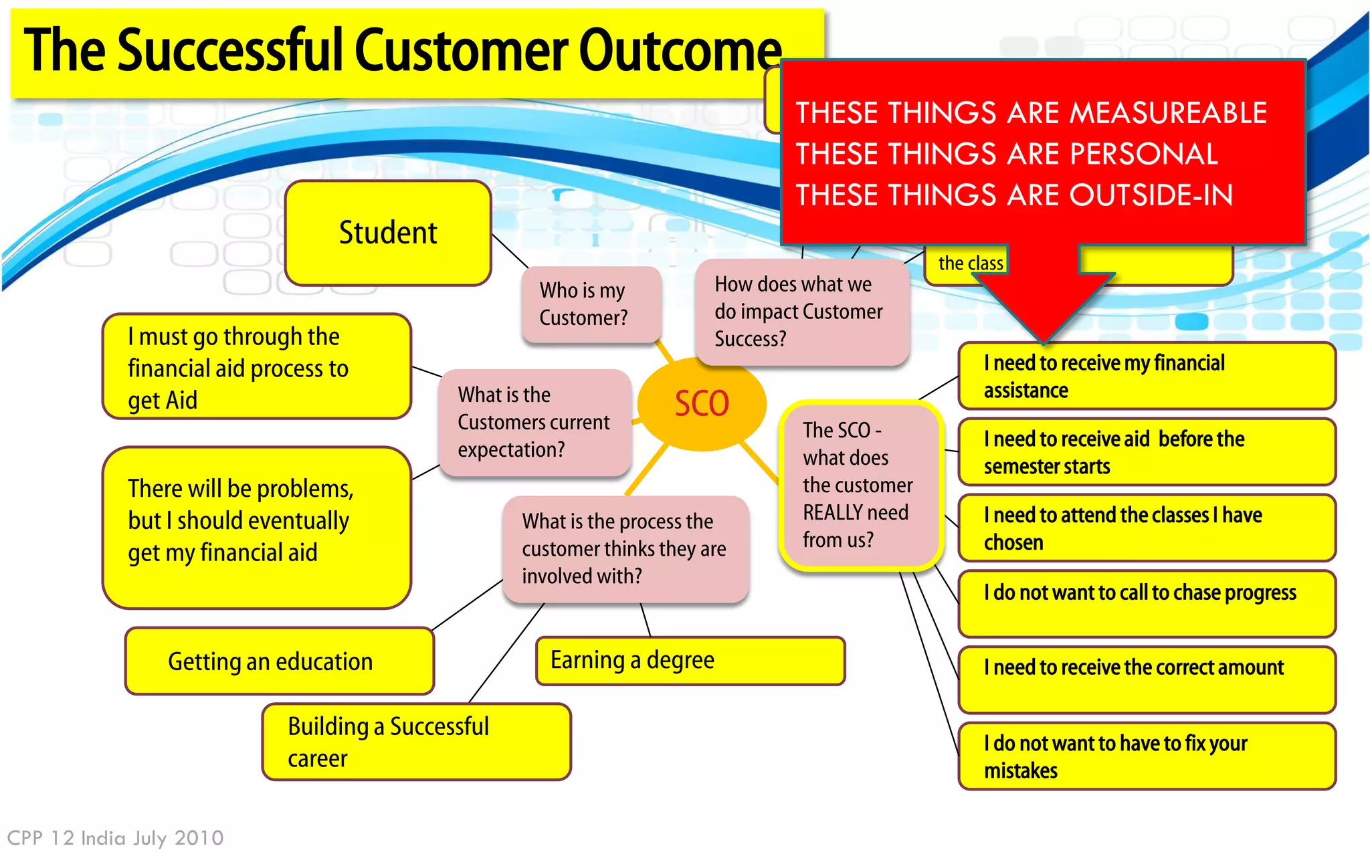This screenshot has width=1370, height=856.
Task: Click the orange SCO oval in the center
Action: coord(701,403)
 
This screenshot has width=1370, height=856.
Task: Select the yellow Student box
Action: coord(388,233)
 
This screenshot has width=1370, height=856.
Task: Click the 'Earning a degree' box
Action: coord(690,661)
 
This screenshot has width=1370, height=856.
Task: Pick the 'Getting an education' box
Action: coord(279,661)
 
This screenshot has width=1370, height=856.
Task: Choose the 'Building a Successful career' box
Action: coord(416,742)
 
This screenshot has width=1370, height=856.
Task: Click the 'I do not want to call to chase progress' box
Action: coord(1147,603)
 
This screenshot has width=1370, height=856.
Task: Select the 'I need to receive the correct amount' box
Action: coord(1147,679)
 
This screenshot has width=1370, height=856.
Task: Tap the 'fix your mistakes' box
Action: coord(1147,756)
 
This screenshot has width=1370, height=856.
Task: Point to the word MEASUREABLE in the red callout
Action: coord(1167,112)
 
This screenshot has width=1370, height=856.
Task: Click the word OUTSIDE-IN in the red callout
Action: coord(1151,195)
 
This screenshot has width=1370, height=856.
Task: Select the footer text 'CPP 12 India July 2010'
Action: coord(115,838)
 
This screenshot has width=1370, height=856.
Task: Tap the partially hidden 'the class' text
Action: coord(970,263)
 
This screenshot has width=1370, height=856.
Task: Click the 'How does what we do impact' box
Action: coord(801,312)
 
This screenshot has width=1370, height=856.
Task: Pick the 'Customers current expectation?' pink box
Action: coord(534,423)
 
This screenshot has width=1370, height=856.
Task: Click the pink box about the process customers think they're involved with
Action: coord(625,549)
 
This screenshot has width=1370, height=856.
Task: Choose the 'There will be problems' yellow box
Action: coord(256,527)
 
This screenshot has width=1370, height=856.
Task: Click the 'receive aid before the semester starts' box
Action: coord(1147,452)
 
